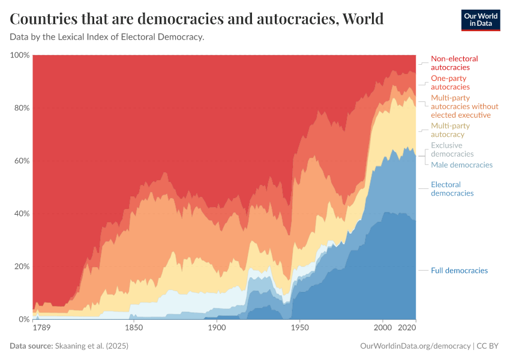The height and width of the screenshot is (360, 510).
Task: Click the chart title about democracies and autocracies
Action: (x=197, y=19)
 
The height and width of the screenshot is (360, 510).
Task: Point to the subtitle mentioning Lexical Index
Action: (x=107, y=37)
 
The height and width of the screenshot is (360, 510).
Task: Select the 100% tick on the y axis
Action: (x=20, y=55)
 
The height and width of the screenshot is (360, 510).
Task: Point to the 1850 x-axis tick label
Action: (x=134, y=328)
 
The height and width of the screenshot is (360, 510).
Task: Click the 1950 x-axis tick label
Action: (x=299, y=328)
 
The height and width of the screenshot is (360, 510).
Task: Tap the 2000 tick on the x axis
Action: (x=382, y=328)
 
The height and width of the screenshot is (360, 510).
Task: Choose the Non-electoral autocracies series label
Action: (x=454, y=63)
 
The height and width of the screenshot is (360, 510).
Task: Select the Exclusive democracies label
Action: (x=452, y=150)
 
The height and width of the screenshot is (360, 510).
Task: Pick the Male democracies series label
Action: (x=461, y=165)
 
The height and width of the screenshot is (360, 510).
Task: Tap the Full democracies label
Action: (x=459, y=271)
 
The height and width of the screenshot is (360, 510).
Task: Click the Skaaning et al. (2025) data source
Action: (x=91, y=346)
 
